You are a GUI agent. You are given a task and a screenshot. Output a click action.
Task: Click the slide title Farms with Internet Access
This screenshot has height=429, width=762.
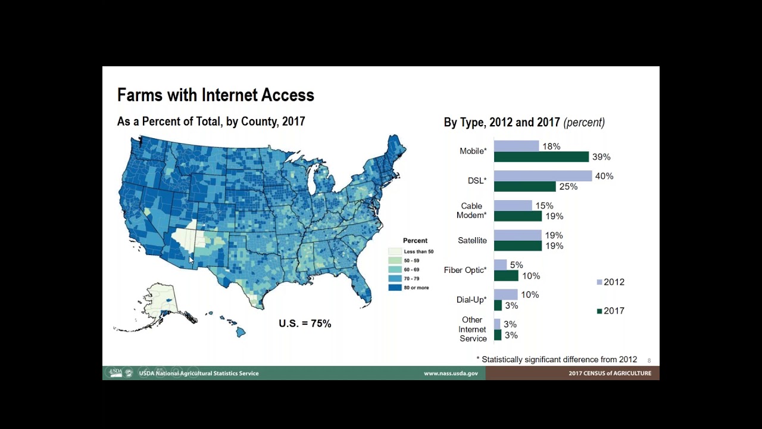coord(216,95)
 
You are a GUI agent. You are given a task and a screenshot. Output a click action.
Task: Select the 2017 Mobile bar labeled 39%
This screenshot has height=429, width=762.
coord(541,157)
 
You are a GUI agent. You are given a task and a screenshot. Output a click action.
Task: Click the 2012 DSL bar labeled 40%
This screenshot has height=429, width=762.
coord(543,176)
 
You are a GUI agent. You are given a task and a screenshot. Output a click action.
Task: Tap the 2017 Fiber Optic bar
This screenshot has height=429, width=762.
coord(506,276)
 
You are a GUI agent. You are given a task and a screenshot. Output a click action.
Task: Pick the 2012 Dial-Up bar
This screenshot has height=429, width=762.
coord(505,294)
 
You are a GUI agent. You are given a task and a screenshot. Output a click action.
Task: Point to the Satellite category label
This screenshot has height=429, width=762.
coord(472,241)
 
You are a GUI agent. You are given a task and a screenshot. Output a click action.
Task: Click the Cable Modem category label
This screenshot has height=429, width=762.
coord(472,210)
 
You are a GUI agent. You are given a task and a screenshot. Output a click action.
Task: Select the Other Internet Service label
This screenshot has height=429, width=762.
coord(473,329)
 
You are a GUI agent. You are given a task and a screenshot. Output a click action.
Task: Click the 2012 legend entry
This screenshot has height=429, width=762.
coord(610,282)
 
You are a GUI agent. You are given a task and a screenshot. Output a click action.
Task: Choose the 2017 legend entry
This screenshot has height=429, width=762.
coord(610,310)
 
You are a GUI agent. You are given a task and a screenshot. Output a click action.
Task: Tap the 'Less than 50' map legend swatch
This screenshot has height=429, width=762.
coord(395,251)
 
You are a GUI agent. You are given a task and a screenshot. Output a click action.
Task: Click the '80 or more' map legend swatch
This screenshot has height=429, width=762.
coord(395,287)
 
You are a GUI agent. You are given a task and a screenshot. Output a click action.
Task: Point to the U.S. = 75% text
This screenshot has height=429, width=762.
coord(305,324)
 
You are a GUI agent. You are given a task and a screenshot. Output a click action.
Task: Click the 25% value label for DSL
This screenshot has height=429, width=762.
coord(568,186)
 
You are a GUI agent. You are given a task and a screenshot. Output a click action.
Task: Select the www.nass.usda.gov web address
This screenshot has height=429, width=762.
coord(451,374)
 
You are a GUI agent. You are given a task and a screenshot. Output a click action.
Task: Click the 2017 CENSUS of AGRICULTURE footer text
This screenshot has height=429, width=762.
coord(610,374)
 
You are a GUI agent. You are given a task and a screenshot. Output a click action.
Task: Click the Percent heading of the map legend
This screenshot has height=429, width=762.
coord(415,241)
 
